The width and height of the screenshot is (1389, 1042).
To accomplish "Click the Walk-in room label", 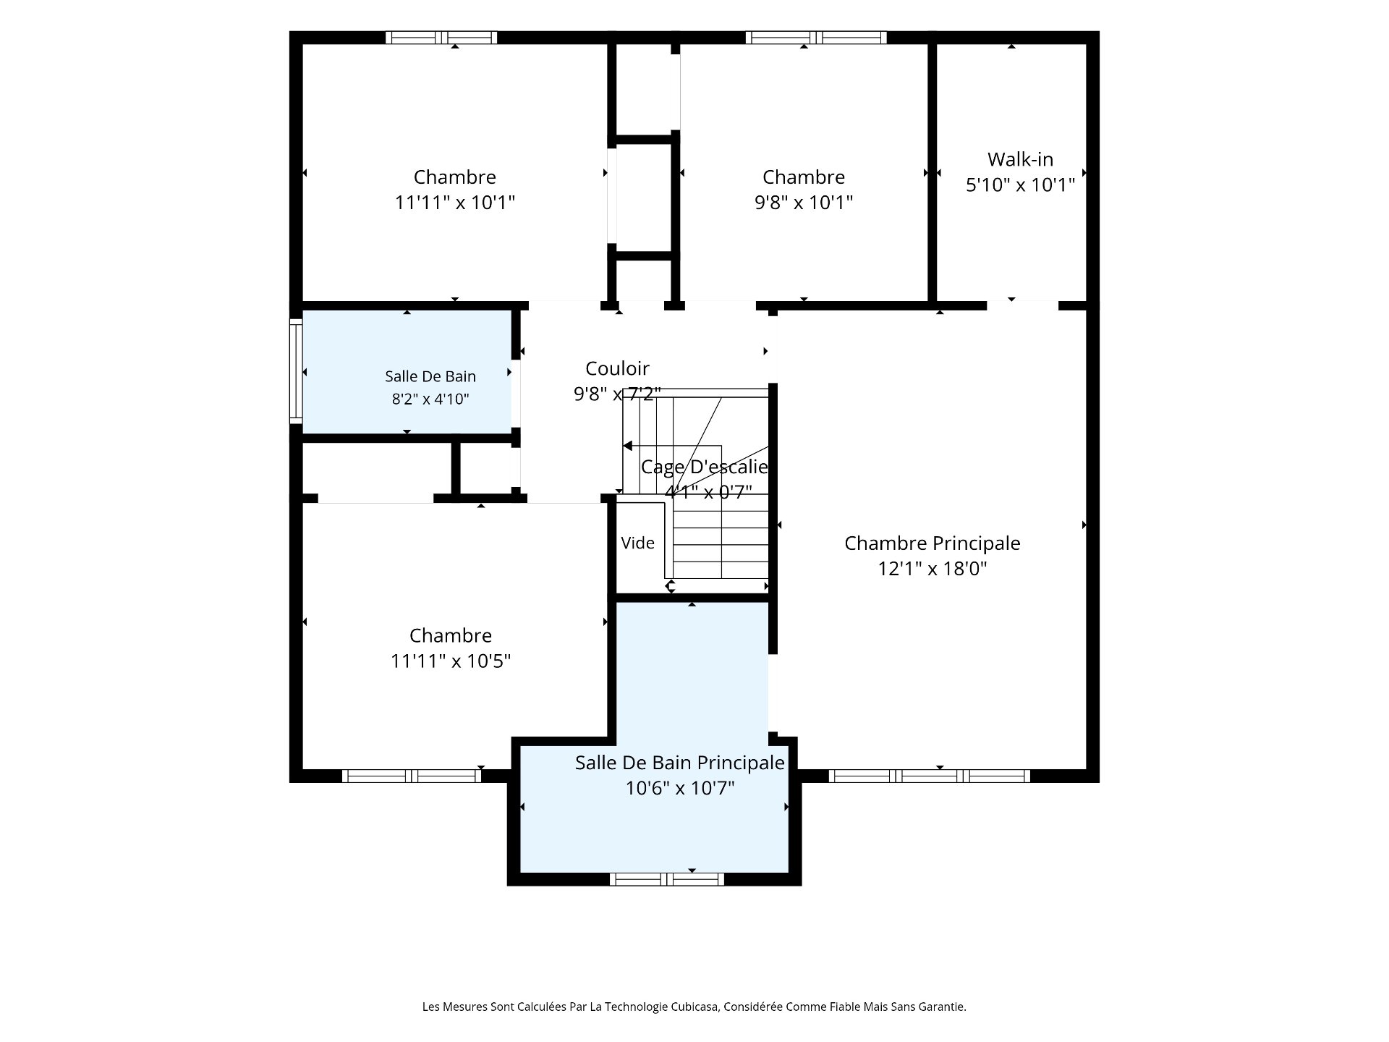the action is (1020, 159).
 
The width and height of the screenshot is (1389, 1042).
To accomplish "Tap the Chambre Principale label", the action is (933, 543).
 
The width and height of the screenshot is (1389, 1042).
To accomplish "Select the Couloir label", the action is (617, 368).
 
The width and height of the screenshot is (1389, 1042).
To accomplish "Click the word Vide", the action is (637, 543).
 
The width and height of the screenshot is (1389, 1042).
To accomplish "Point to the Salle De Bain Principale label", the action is (680, 763).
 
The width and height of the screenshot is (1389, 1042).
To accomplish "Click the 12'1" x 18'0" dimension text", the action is (933, 569).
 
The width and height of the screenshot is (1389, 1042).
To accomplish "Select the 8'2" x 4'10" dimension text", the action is (430, 399).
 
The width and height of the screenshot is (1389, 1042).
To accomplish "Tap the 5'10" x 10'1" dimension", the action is (1020, 185).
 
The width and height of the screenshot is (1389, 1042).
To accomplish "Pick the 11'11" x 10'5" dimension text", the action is (451, 661).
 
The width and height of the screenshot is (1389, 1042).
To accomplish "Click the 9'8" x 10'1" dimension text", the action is (804, 203).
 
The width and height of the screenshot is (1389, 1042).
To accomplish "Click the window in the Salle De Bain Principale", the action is (666, 879).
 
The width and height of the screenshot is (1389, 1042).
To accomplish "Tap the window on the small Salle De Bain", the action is (296, 371).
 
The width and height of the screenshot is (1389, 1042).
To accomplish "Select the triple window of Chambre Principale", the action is (930, 776).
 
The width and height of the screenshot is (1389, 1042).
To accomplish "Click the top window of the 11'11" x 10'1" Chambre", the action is (441, 38).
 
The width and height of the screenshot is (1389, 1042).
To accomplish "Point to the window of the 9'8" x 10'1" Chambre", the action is (816, 38).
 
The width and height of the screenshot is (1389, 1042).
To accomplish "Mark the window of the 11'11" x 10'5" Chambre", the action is (412, 776).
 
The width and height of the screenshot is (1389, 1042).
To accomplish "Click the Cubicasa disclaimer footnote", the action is (694, 1007).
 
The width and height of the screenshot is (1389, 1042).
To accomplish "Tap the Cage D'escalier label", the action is (705, 467).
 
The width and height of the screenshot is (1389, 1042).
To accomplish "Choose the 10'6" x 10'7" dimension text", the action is (680, 788).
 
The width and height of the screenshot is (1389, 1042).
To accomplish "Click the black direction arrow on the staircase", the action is (627, 446).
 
